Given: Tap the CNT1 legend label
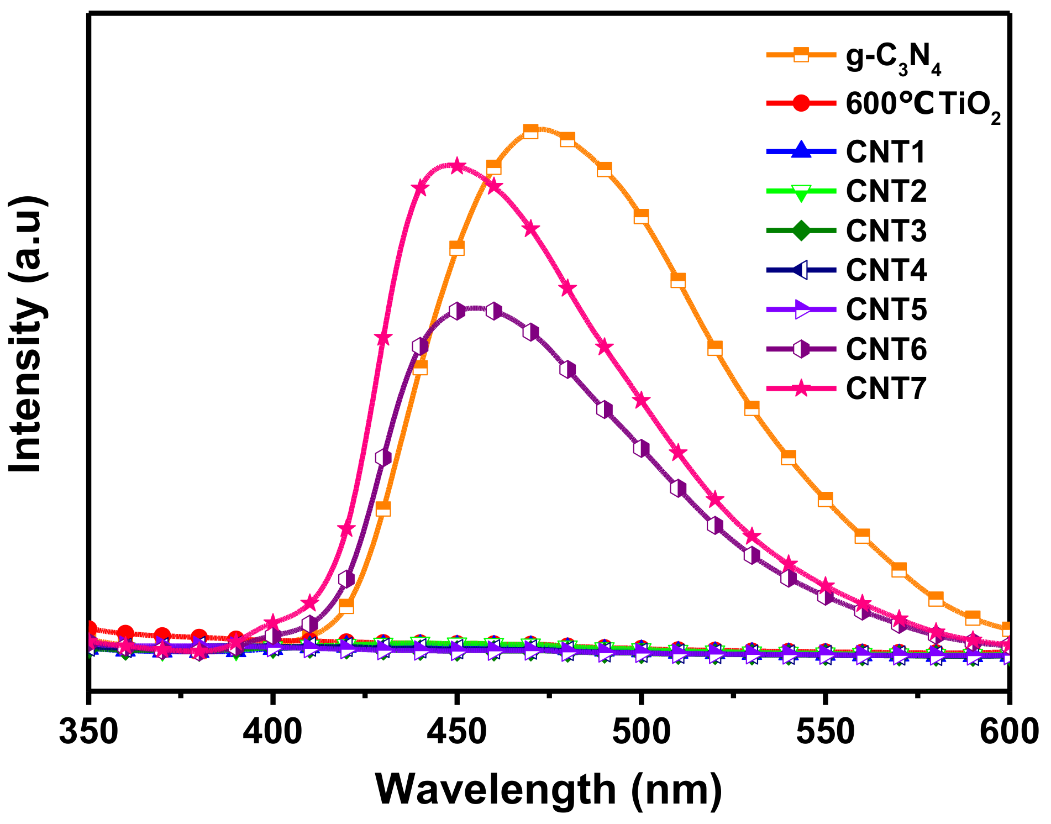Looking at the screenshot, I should click(886, 152).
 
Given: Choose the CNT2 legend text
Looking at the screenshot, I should click(886, 191).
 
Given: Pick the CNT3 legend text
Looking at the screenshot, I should click(886, 230).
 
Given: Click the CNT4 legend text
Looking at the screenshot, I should click(886, 270).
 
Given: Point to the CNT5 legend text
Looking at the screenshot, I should click(886, 309).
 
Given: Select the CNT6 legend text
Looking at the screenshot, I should click(886, 349).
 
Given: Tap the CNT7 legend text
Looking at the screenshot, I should click(886, 389).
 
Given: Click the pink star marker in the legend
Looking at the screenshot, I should click(801, 389).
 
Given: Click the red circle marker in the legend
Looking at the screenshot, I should click(801, 104).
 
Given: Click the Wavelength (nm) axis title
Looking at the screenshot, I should click(548, 789).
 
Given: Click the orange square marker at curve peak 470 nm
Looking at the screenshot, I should click(530, 132).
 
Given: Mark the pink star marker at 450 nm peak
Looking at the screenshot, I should click(456, 166).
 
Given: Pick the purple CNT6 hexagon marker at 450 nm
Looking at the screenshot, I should click(456, 311).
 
